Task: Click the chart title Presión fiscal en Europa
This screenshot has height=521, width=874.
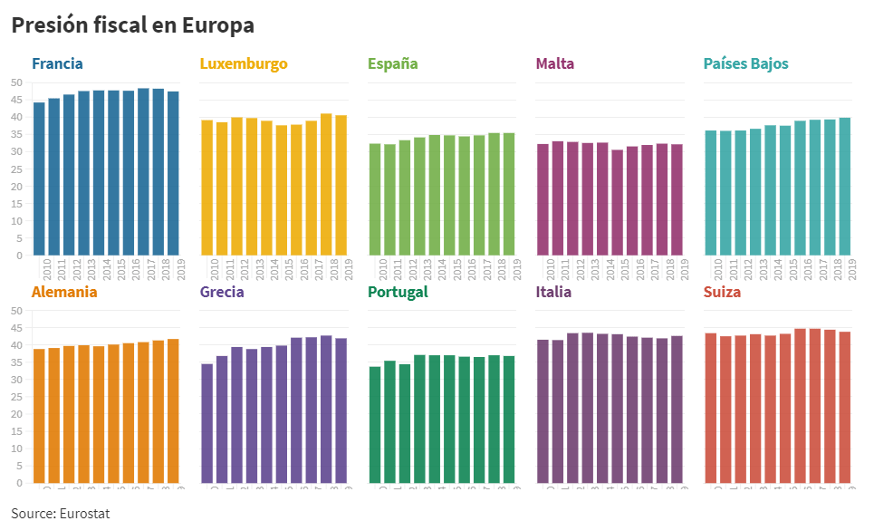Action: click(132, 25)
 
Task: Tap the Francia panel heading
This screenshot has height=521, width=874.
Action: click(57, 63)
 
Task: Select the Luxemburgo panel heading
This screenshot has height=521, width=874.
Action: click(244, 63)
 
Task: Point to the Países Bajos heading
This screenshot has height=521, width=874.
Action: click(746, 63)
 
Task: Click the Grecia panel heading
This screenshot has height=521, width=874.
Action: click(222, 292)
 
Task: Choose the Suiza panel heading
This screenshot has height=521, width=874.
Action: click(722, 292)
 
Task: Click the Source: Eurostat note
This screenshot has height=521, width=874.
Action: click(61, 513)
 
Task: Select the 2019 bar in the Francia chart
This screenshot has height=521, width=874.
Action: click(173, 173)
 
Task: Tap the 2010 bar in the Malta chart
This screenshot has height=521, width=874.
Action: click(543, 199)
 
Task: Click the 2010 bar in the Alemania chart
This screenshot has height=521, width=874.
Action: click(39, 416)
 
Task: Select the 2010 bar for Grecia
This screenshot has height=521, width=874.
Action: click(206, 423)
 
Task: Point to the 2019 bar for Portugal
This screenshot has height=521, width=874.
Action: click(509, 420)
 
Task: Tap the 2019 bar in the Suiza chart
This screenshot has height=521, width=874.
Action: click(845, 407)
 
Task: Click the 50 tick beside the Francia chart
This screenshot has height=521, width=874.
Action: click(16, 82)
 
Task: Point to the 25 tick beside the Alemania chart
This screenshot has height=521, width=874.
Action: click(16, 397)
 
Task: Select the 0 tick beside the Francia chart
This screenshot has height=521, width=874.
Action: click(19, 256)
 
